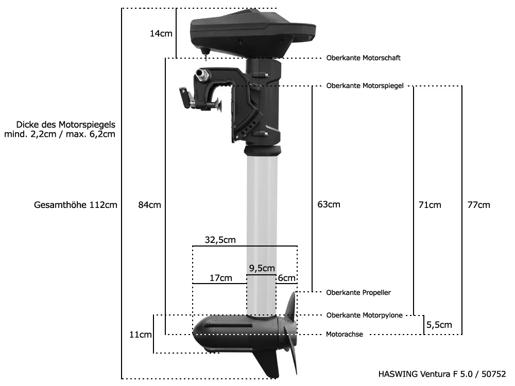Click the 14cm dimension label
(161, 33)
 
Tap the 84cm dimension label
(149, 205)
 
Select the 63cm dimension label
(329, 204)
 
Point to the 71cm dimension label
(430, 205)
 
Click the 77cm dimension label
(478, 205)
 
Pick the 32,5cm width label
(220, 239)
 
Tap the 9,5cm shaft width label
(262, 268)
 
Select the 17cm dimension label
(220, 278)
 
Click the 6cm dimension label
(287, 278)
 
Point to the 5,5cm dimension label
(439, 325)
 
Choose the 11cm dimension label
(140, 335)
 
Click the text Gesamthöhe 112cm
(76, 205)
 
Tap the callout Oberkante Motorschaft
(363, 58)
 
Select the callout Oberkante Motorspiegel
(364, 85)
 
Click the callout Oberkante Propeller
(358, 292)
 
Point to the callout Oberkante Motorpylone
(364, 315)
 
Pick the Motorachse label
(345, 335)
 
